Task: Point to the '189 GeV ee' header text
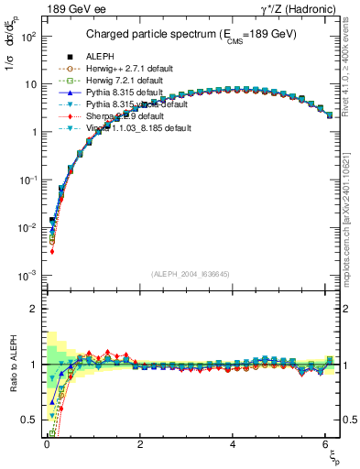click(x=64, y=9)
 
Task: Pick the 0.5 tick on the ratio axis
click(x=29, y=420)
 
